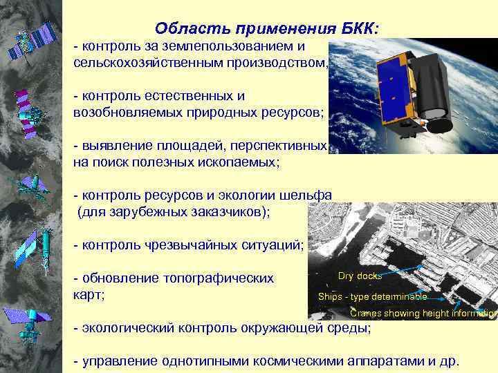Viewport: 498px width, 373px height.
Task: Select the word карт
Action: tap(87, 295)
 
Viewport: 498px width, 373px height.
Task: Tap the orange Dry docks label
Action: tap(359, 276)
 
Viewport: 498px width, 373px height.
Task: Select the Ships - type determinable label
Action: tap(372, 297)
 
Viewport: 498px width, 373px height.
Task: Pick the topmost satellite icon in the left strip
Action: tap(30, 41)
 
